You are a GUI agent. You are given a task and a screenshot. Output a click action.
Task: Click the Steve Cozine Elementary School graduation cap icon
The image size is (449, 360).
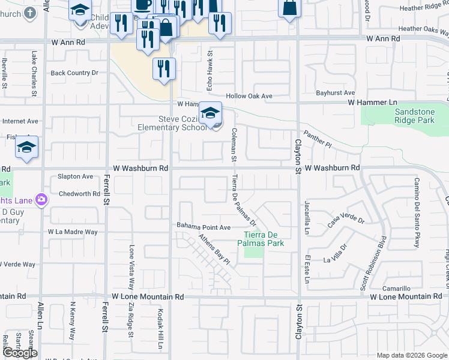coord(211,113)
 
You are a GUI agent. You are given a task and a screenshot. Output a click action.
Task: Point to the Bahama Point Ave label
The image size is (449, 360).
coord(203,227)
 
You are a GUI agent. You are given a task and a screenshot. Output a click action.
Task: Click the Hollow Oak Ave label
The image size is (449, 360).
coord(249,96)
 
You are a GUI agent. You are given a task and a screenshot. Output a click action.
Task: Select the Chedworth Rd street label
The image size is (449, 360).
coord(80,194)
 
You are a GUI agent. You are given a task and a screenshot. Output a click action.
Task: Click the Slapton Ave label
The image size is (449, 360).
coord(76,176)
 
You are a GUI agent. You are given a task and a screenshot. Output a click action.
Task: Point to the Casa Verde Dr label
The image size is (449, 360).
coord(346,221)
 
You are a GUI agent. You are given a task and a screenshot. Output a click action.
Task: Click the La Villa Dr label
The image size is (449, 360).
coord(336,253)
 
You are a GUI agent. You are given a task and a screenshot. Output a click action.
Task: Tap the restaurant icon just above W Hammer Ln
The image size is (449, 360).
coord(164,69)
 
